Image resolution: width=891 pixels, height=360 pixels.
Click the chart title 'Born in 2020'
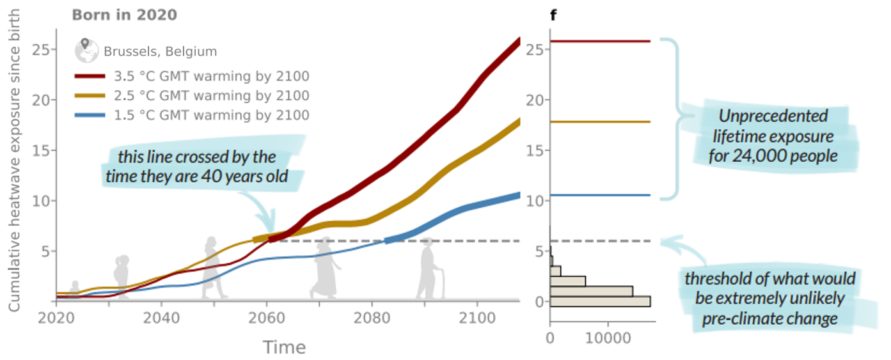tap(124, 15)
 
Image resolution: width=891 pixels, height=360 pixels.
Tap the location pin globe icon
tap(86, 50)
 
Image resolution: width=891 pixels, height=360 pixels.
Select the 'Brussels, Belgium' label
tap(160, 52)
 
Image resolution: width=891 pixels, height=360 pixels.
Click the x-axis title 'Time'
tap(285, 348)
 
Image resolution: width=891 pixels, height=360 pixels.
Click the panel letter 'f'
tap(553, 15)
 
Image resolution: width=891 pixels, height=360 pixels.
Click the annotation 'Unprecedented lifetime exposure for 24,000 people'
tap(773, 136)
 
